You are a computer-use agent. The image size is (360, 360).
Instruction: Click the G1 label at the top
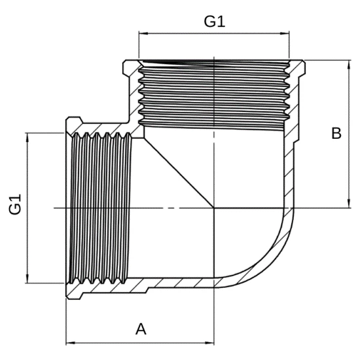pyautogui.click(x=215, y=22)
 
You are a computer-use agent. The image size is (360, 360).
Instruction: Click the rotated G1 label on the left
pyautogui.click(x=16, y=204)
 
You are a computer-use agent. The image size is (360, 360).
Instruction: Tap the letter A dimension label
pyautogui.click(x=141, y=329)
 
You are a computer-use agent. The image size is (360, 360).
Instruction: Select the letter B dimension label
pyautogui.click(x=336, y=133)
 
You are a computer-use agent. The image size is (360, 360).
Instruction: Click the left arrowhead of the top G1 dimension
pyautogui.click(x=143, y=33)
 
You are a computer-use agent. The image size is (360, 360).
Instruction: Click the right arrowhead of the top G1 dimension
pyautogui.click(x=285, y=33)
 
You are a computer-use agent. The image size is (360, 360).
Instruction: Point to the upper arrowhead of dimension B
pyautogui.click(x=349, y=65)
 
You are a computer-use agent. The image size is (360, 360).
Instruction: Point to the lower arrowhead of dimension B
pyautogui.click(x=349, y=204)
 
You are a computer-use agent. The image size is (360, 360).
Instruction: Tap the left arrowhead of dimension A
pyautogui.click(x=71, y=343)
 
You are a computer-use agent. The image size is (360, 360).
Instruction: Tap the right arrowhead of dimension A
pyautogui.click(x=209, y=343)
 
